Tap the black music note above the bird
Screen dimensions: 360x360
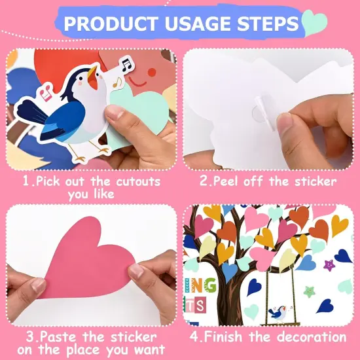click(x=126, y=63)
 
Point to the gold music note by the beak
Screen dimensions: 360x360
click(x=117, y=82)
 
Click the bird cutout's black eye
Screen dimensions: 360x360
click(x=81, y=76)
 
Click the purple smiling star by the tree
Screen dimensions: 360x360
click(x=329, y=265)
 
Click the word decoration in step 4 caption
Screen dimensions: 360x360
click(x=311, y=337)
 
